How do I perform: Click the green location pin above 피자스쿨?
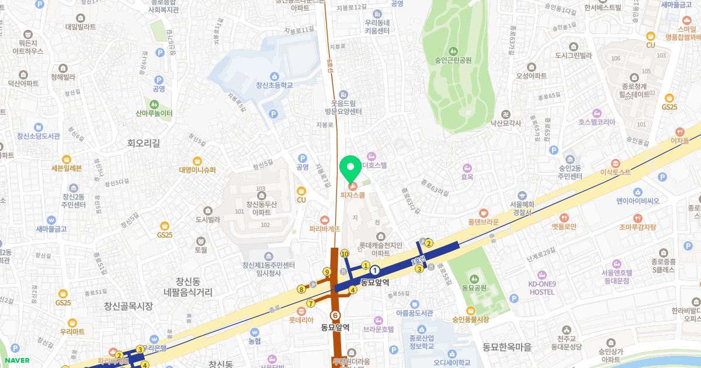(x=350, y=169)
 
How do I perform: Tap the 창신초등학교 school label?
(x=274, y=85)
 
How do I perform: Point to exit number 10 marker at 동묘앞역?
(x=345, y=254)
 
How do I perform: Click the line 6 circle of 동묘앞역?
(x=335, y=315)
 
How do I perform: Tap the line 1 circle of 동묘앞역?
(x=374, y=270)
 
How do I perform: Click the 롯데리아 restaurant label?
(x=301, y=320)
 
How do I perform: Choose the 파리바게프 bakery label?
(x=325, y=230)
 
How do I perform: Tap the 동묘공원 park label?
(x=474, y=287)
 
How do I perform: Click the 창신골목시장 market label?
(x=128, y=305)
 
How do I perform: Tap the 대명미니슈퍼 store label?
(x=197, y=169)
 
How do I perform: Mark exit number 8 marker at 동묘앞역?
(x=301, y=289)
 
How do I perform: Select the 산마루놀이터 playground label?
(x=154, y=113)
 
